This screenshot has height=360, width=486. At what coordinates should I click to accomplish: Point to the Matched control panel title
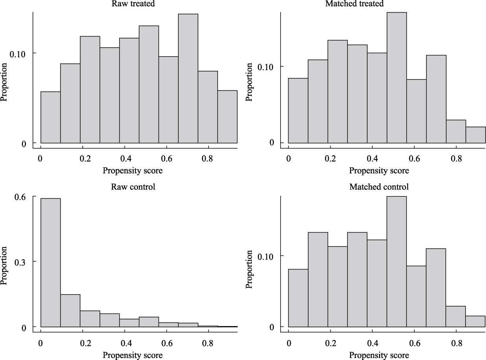point(379,186)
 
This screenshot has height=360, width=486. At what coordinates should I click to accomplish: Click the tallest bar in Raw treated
point(188,79)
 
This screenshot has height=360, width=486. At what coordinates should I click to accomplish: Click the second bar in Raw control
point(70,310)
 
